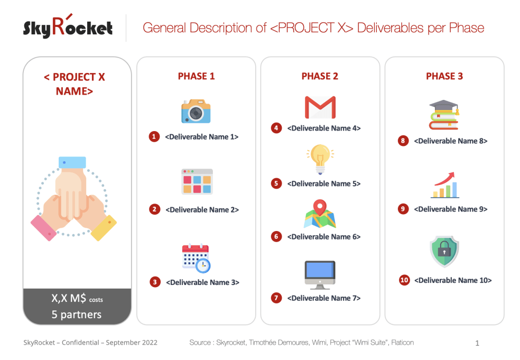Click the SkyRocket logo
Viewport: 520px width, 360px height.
click(68, 27)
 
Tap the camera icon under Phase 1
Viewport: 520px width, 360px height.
click(196, 111)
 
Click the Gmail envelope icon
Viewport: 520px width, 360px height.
click(320, 107)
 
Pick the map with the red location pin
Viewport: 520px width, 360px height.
click(320, 214)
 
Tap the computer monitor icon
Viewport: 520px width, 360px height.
click(320, 275)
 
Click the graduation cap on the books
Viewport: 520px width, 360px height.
click(444, 115)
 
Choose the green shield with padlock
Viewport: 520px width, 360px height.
click(444, 251)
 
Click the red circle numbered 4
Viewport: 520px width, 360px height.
click(276, 128)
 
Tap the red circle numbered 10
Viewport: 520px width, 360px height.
click(405, 280)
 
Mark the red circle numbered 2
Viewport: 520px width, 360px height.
click(154, 209)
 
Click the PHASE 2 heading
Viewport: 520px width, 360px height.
click(320, 76)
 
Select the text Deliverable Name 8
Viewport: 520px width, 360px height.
click(450, 141)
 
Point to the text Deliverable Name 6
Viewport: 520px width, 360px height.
click(324, 237)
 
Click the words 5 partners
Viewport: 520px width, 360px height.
click(77, 315)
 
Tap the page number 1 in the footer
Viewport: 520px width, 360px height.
click(477, 343)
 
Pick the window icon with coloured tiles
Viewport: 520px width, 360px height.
click(197, 182)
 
